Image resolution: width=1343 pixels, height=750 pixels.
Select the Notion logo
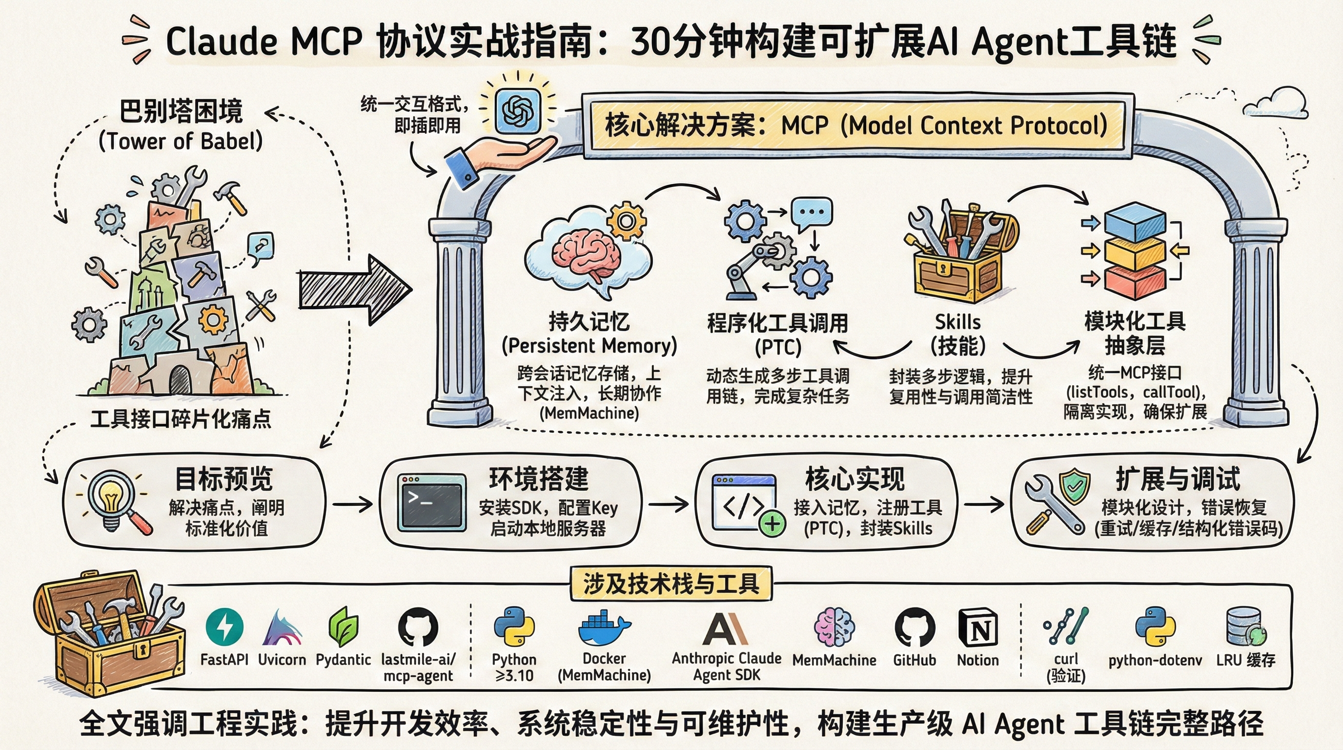click(x=977, y=627)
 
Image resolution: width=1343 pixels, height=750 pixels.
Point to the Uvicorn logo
click(x=282, y=628)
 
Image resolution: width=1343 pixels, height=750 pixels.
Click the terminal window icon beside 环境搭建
click(x=431, y=502)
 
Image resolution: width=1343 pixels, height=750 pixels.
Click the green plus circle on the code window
click(x=772, y=523)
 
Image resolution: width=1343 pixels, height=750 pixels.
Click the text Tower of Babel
click(x=181, y=141)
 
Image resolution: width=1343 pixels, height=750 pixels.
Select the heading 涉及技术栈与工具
click(x=671, y=583)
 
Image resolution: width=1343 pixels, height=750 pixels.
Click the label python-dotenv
click(x=1155, y=660)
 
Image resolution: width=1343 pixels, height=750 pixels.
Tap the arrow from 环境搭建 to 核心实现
click(x=668, y=504)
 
